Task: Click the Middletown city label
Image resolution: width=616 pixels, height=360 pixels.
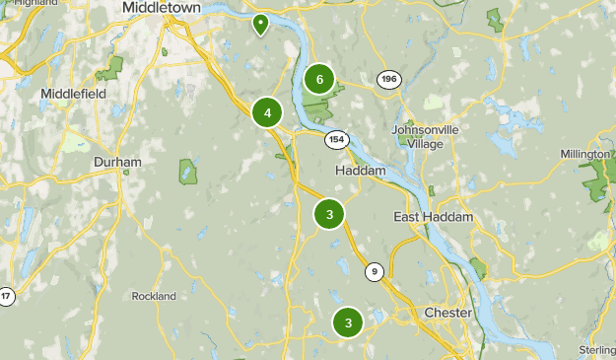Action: click(x=161, y=8)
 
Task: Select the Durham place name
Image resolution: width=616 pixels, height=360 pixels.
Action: click(x=117, y=162)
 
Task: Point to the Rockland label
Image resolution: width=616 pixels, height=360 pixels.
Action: click(x=153, y=296)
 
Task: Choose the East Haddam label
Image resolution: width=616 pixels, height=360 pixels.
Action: click(x=434, y=217)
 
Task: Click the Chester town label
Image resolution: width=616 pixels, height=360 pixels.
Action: click(x=447, y=313)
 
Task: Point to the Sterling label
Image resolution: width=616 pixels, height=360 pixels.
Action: click(x=597, y=350)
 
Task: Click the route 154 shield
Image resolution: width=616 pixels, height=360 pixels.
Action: click(x=337, y=139)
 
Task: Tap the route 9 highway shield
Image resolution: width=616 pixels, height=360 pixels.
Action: click(x=374, y=271)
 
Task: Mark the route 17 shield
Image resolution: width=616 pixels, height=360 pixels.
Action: click(x=7, y=296)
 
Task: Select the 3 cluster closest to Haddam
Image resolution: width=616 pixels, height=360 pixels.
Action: click(x=329, y=213)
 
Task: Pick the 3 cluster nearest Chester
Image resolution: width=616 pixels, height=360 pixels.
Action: click(x=348, y=322)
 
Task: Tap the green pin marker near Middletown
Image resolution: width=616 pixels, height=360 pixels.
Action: click(x=260, y=24)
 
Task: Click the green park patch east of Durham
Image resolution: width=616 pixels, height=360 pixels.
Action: click(x=188, y=172)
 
